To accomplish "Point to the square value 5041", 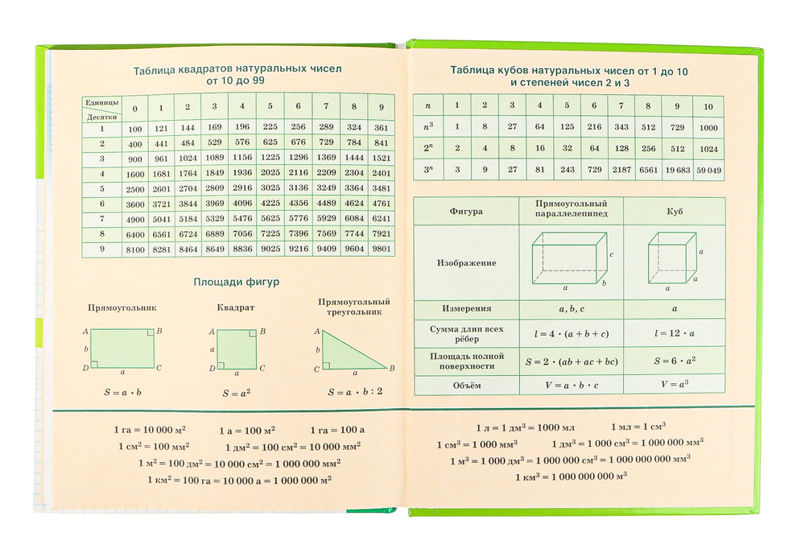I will tap(161, 219).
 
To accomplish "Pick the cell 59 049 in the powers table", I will tap(708, 170).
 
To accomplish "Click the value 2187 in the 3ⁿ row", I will tap(621, 170).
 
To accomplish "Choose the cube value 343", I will tap(621, 126).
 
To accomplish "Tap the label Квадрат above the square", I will tap(235, 307).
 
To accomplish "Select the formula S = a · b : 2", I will tap(355, 393).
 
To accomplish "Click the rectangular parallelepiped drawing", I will tap(569, 259).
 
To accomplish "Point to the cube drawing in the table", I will tap(672, 259).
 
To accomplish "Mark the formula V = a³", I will tap(675, 385).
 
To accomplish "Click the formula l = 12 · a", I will tap(675, 332).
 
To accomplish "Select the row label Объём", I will tap(466, 386).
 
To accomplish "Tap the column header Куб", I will tap(675, 211).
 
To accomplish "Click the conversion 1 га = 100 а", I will tap(337, 430).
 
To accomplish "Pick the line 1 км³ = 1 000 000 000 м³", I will tap(571, 477).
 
